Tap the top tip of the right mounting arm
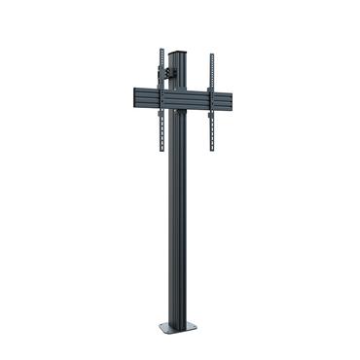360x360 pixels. point(211,54)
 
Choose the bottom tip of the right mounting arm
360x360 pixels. point(211,152)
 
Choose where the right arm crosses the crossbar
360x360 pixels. point(211,99)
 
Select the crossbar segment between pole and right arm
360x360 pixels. point(198,99)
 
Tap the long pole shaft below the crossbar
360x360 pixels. point(179,214)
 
